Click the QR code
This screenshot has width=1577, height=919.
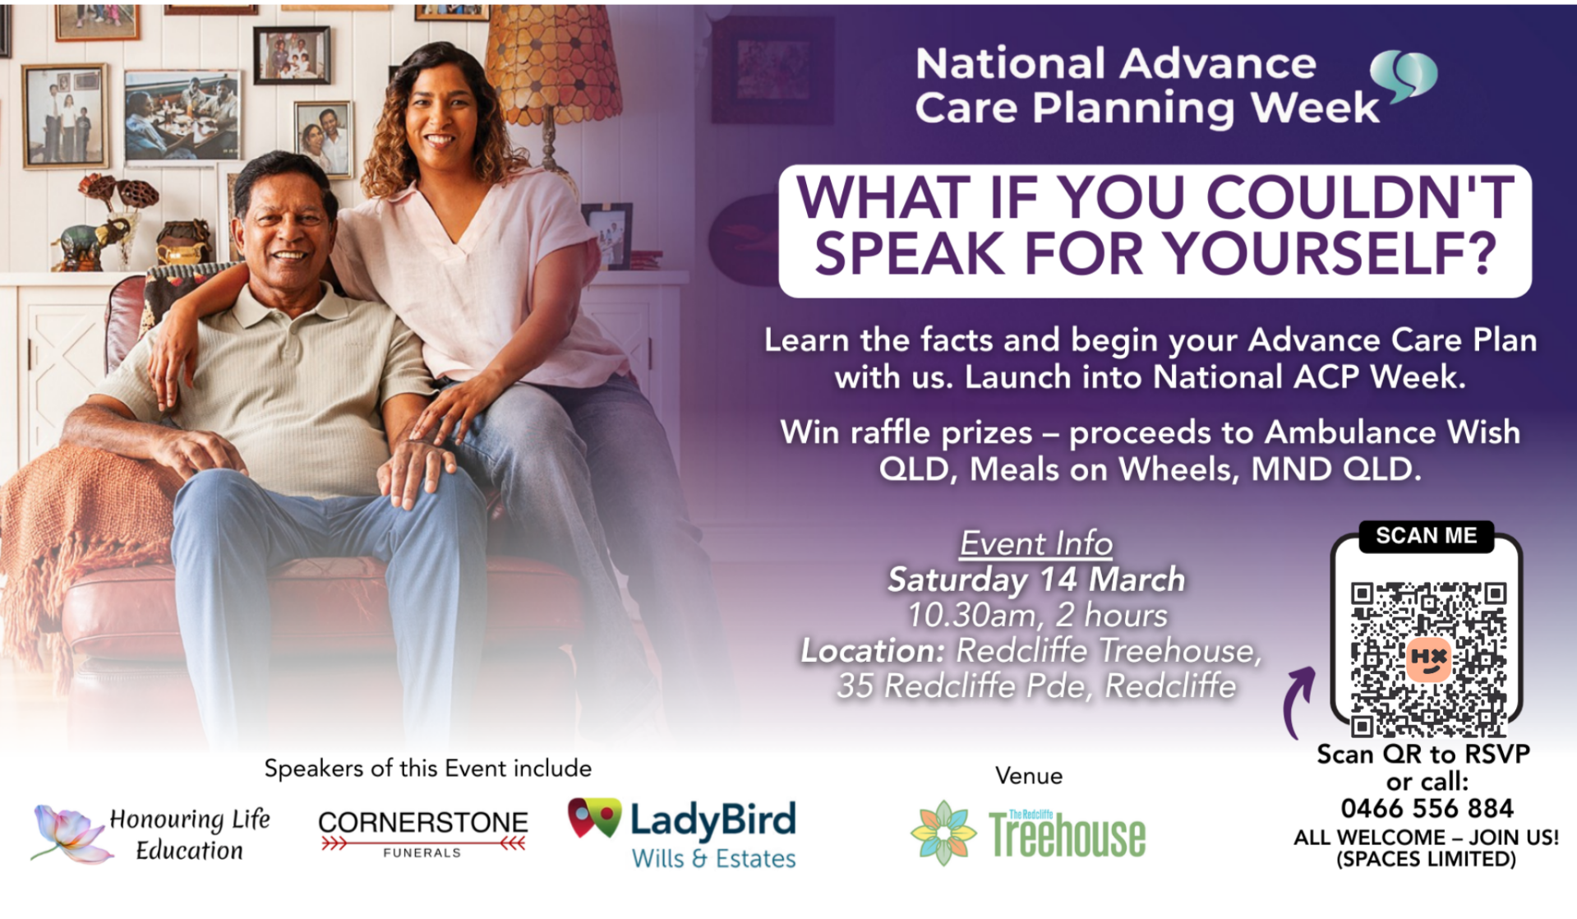click(1428, 659)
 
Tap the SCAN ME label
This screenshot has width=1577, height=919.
click(1426, 536)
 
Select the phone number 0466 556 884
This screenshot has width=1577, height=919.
click(1427, 809)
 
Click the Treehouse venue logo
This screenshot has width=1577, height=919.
click(1028, 834)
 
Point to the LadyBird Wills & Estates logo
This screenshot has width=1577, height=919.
click(682, 834)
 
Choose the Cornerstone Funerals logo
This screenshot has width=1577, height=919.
click(423, 834)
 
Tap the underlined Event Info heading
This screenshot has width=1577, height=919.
click(1036, 543)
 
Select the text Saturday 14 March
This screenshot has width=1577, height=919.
click(1036, 580)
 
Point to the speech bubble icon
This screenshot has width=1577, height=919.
click(1404, 76)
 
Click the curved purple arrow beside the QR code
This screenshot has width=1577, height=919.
click(1297, 702)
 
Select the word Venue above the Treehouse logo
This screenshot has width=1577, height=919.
click(1029, 776)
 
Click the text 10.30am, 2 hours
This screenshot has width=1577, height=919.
click(1037, 616)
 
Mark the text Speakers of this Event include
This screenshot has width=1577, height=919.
click(428, 769)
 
